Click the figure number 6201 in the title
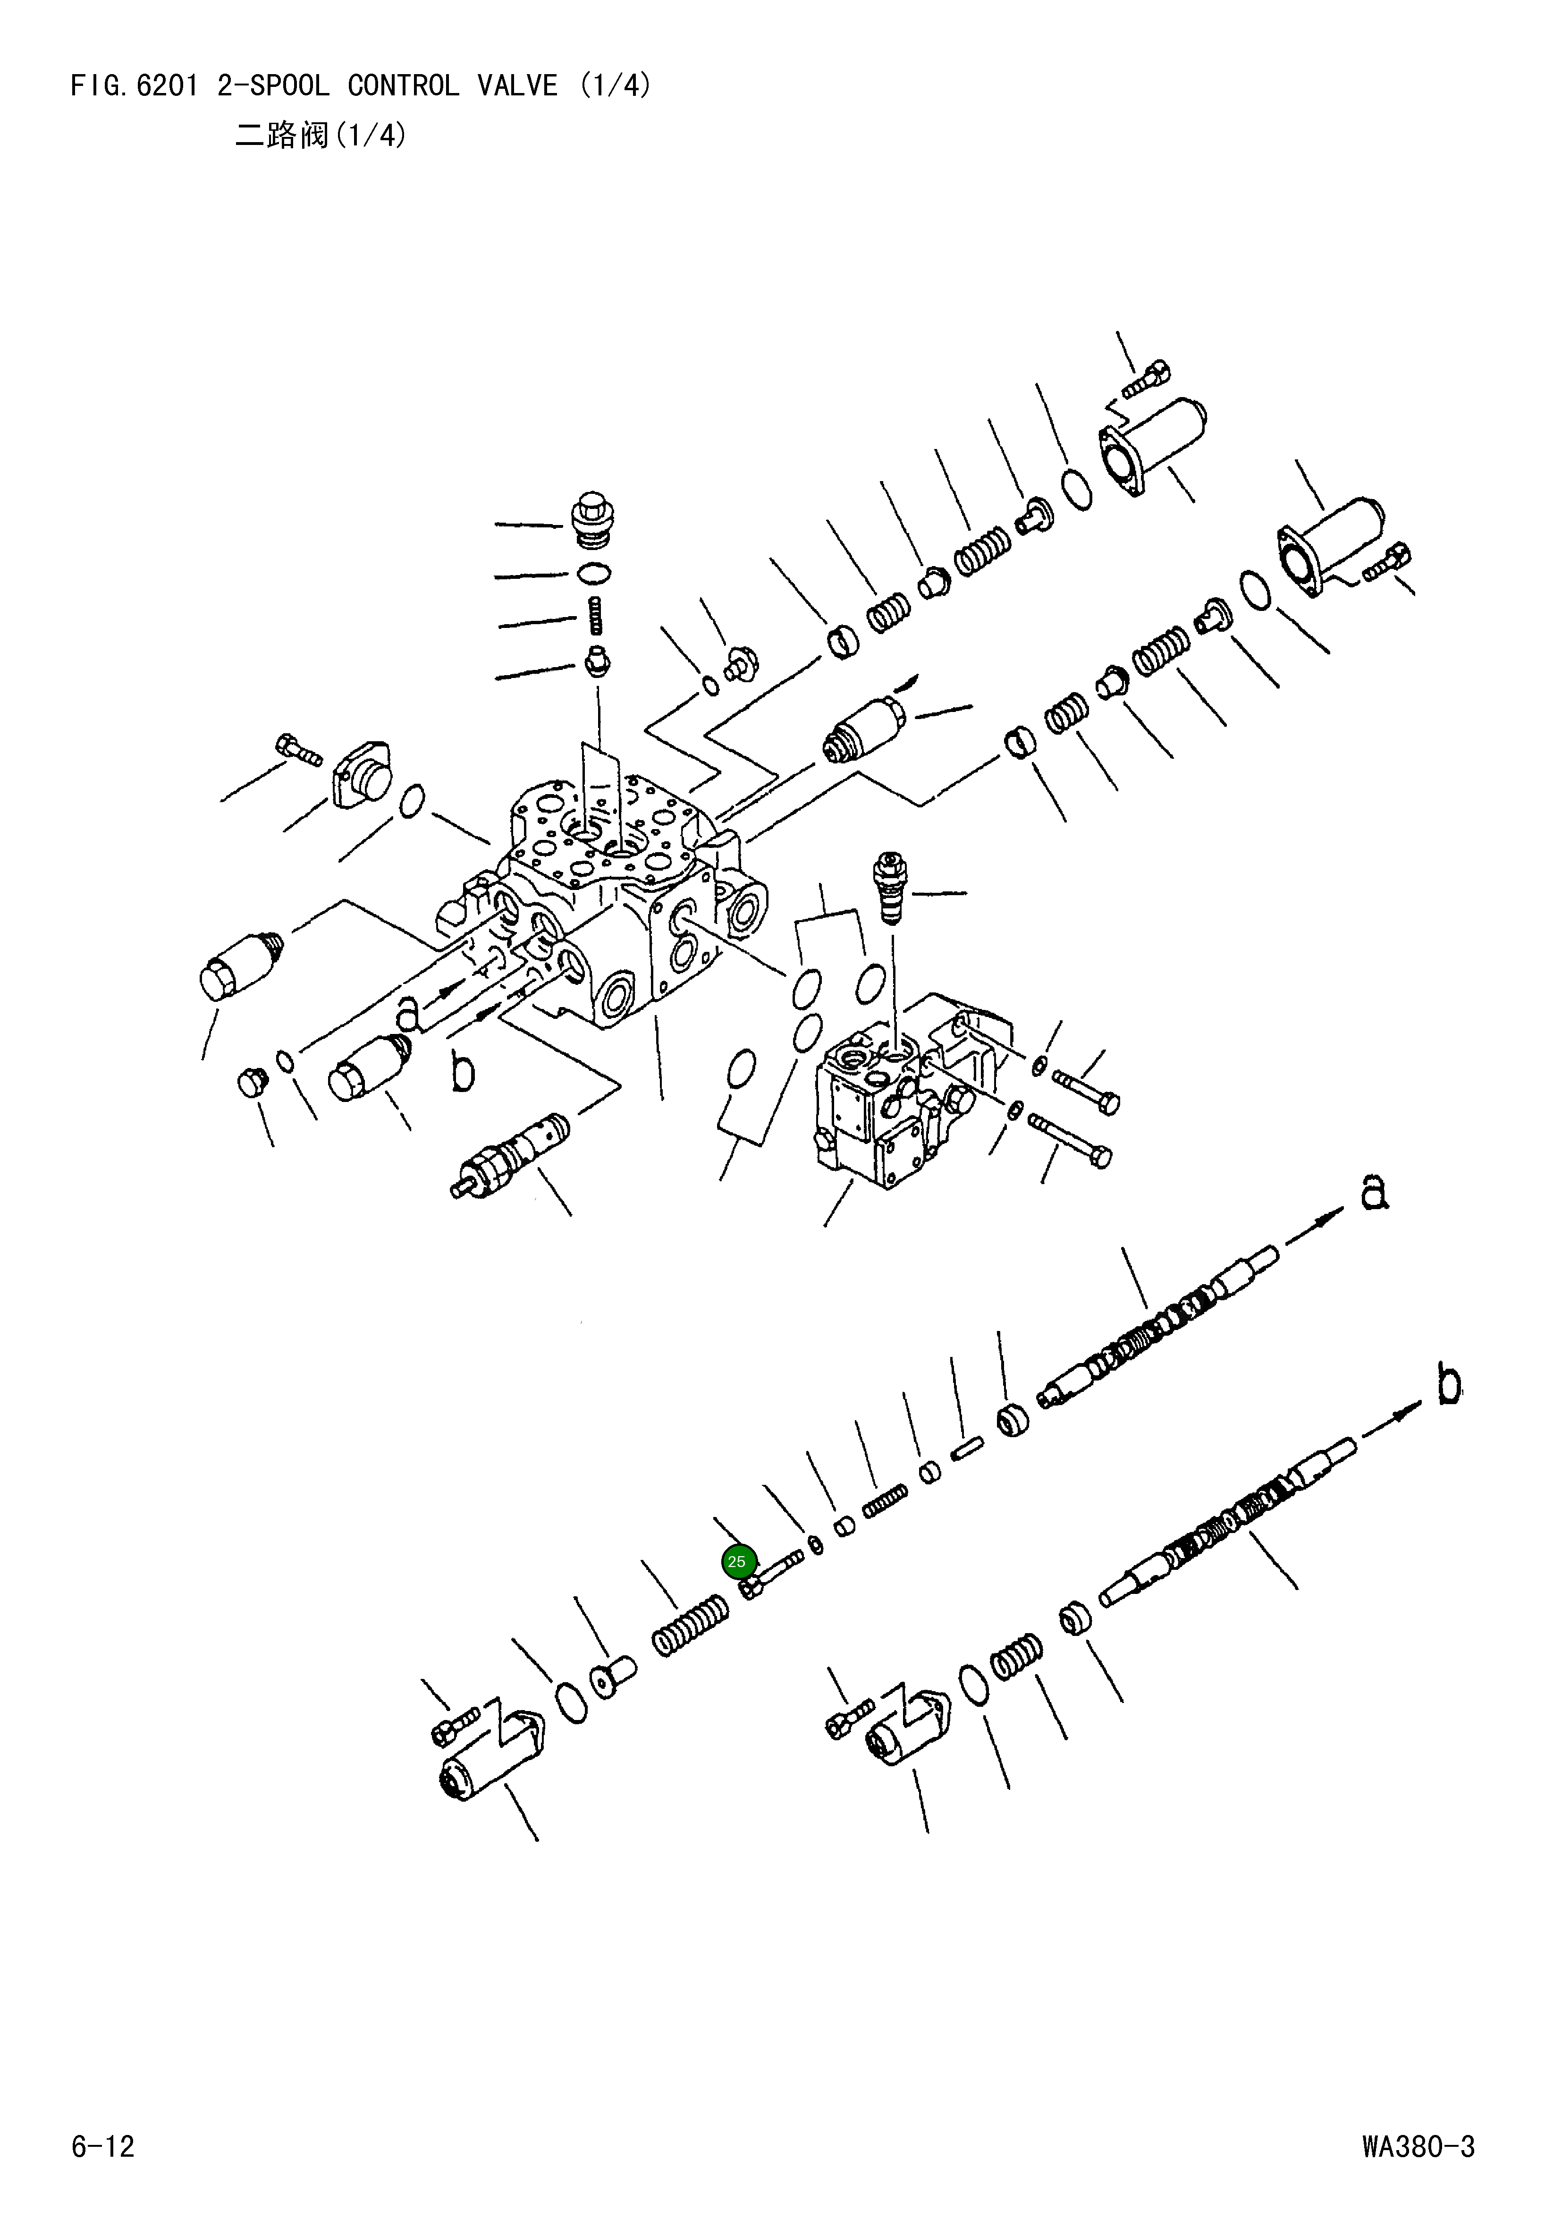(x=167, y=86)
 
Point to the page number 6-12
(x=102, y=2147)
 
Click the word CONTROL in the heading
(x=403, y=86)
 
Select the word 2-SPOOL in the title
(x=273, y=86)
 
